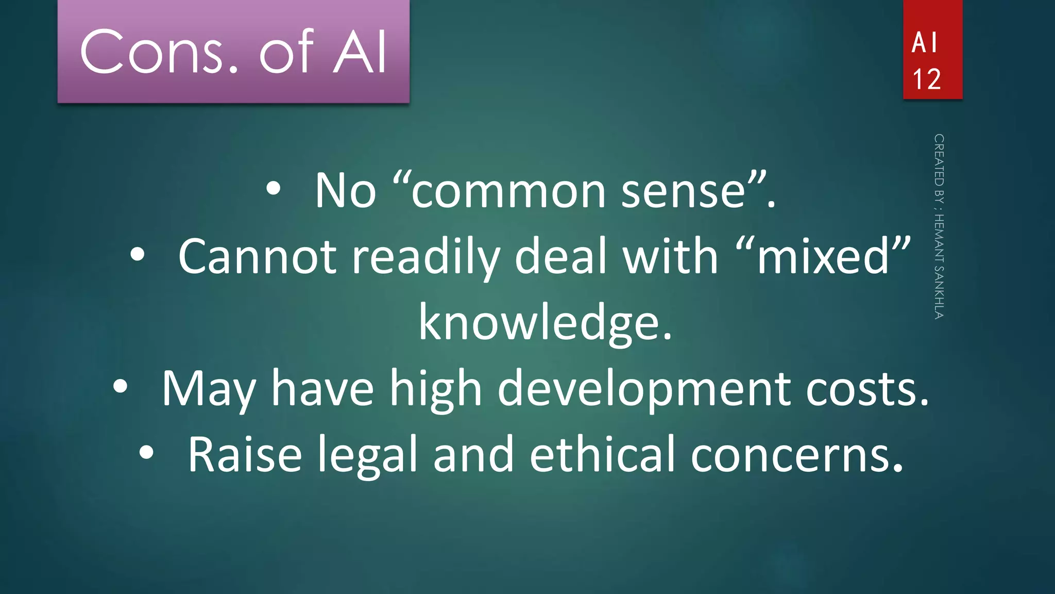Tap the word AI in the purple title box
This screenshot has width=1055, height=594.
tap(360, 52)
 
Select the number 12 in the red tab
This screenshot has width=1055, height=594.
tap(927, 79)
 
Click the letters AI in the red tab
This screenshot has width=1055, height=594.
tap(925, 42)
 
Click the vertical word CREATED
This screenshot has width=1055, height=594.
tap(939, 160)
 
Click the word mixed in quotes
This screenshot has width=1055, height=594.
tap(823, 256)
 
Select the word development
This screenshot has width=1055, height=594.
tap(644, 389)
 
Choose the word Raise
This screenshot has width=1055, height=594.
tap(245, 455)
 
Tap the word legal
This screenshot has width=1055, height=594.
tap(367, 455)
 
